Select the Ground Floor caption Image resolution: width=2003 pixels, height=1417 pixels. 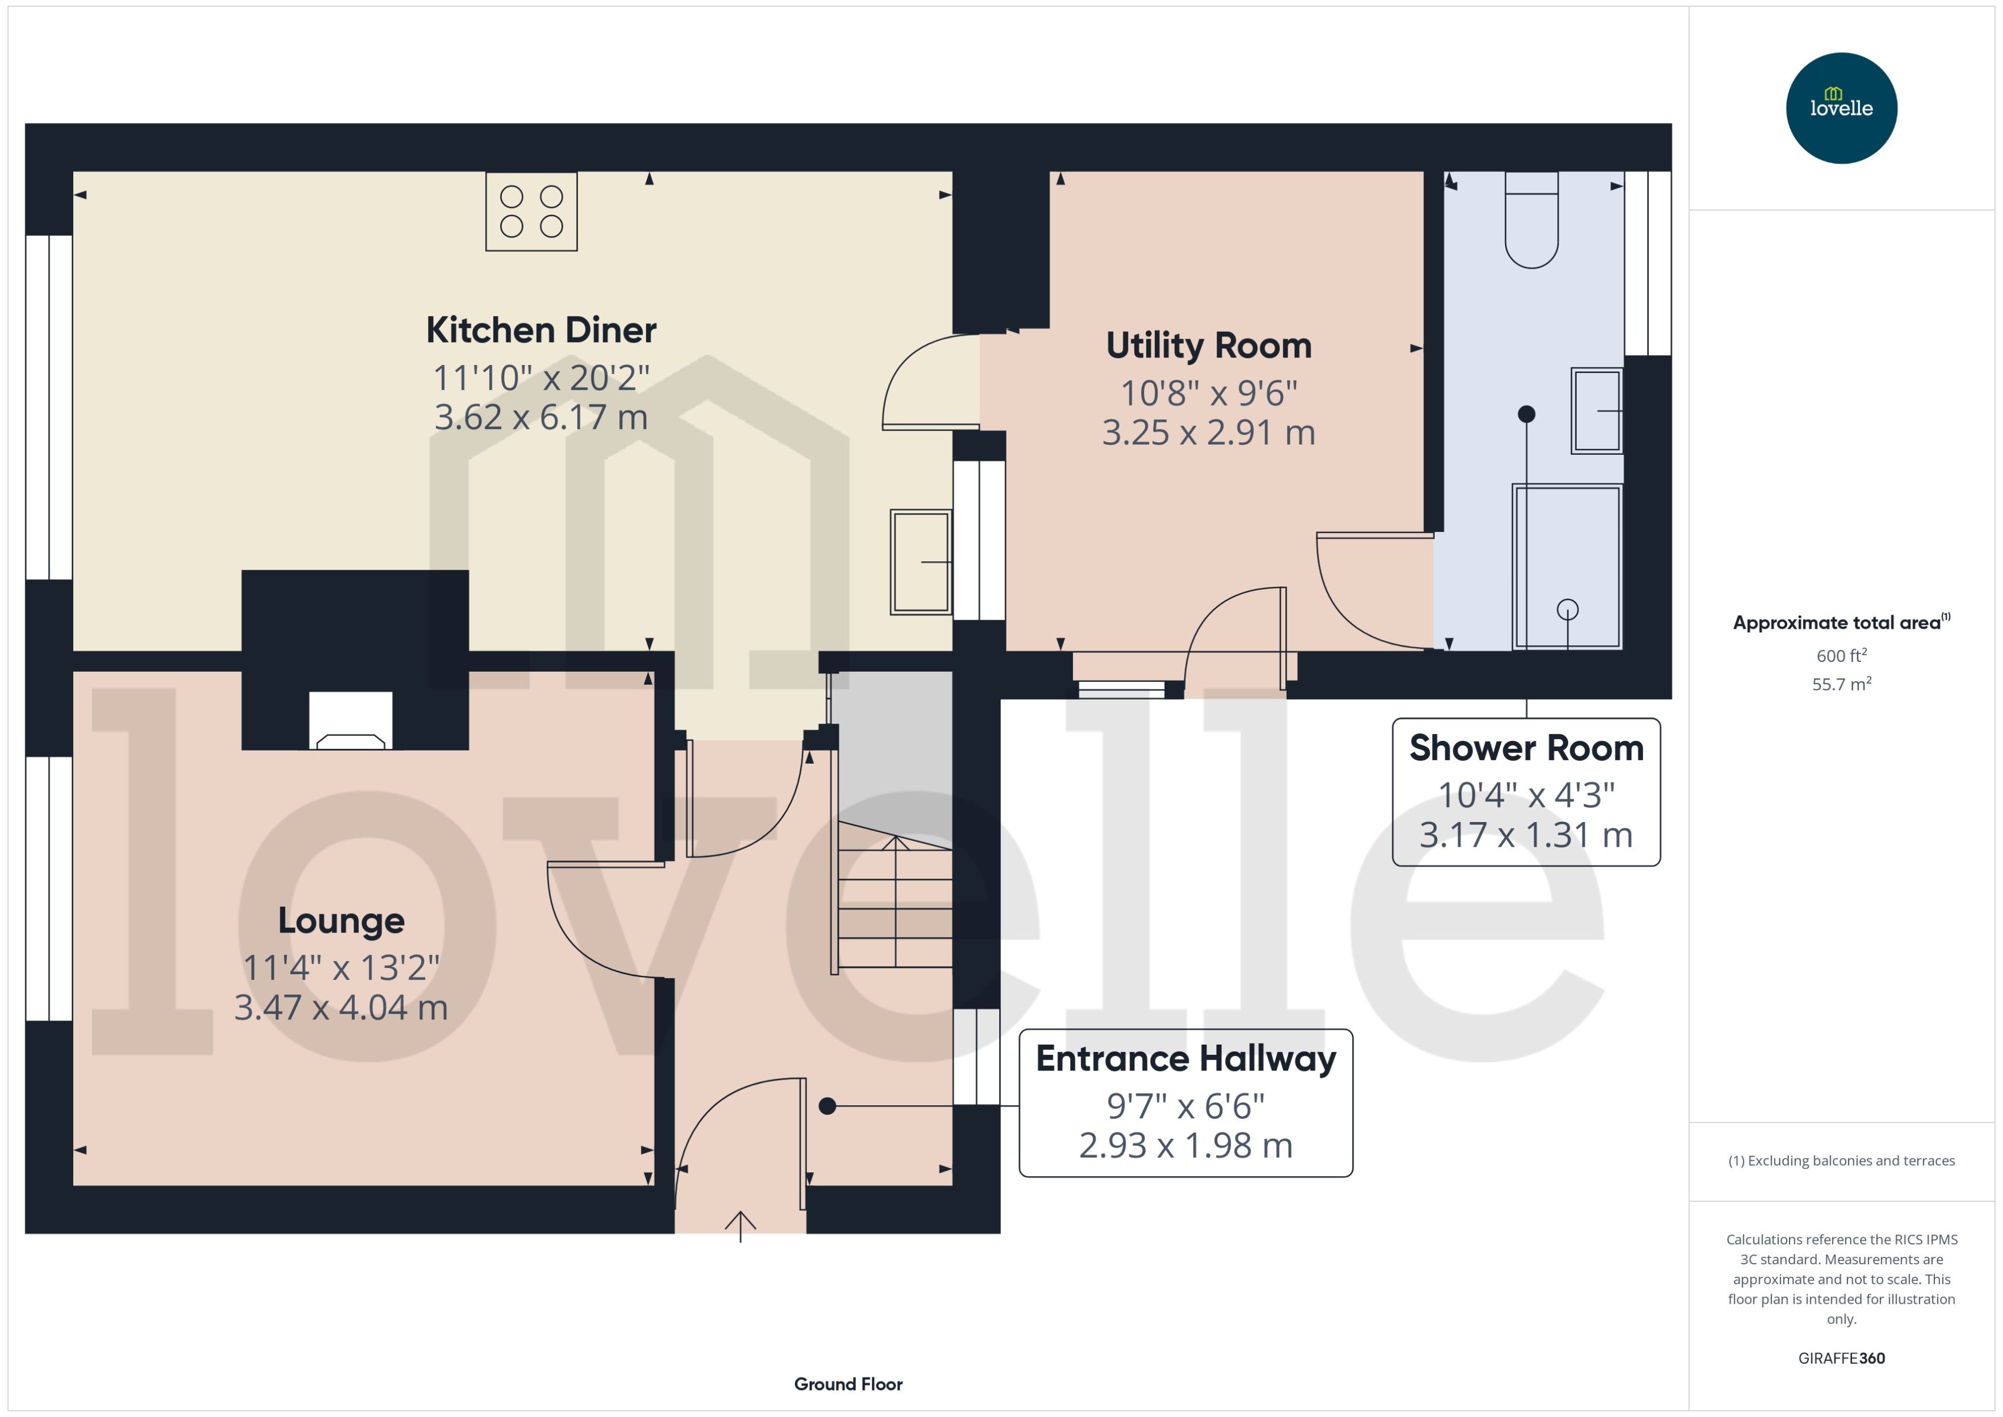coord(848,1384)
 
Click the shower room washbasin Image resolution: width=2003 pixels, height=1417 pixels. coord(1596,410)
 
